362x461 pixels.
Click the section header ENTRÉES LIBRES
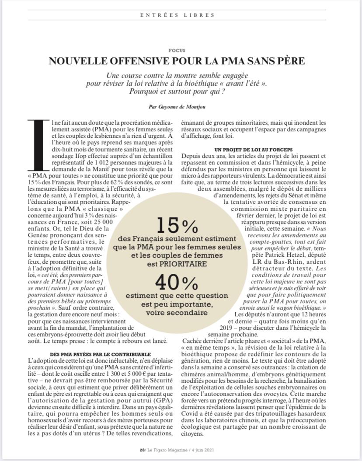pos(178,15)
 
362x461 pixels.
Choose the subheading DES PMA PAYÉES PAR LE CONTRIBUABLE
pos(94,354)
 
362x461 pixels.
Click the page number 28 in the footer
pos(142,449)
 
